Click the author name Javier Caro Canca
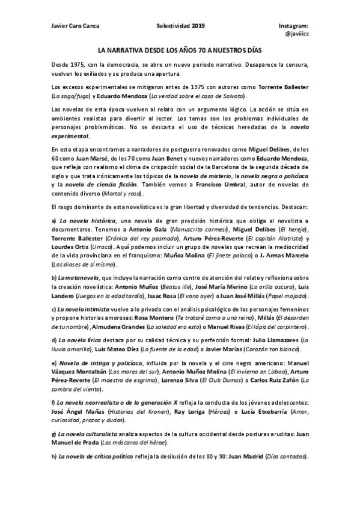tap(76, 26)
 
